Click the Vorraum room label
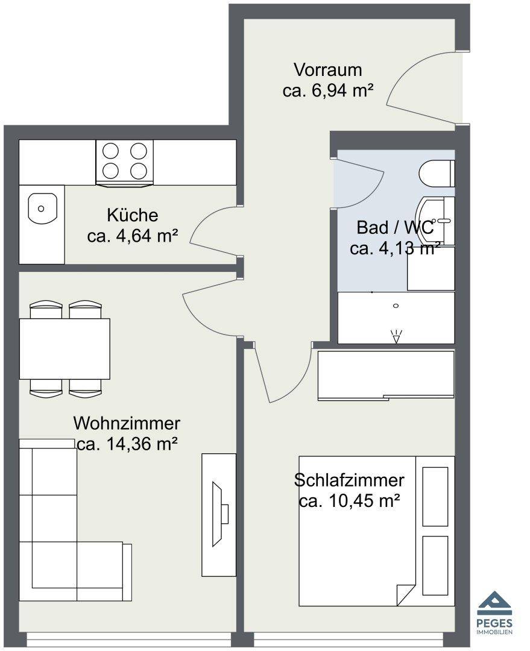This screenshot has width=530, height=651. click(328, 70)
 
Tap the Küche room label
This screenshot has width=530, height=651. click(133, 215)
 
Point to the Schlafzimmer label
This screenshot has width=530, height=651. click(349, 480)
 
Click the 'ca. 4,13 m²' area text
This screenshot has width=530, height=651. click(395, 248)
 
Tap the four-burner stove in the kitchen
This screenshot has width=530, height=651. click(125, 162)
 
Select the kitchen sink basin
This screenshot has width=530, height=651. click(42, 208)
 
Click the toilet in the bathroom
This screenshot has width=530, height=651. click(437, 174)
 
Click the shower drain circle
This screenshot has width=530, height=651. click(396, 306)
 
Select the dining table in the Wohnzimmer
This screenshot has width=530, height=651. click(65, 349)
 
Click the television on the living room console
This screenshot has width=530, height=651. click(219, 514)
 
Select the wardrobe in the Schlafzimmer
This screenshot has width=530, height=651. click(386, 376)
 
